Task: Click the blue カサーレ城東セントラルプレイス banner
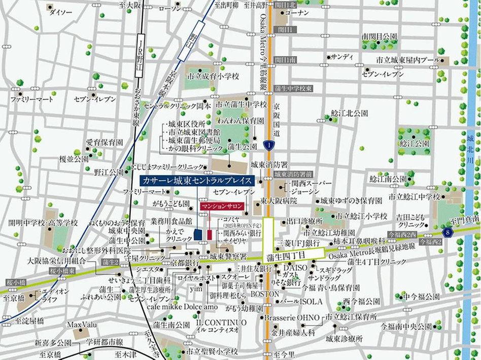click(196, 181)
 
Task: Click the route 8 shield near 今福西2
click(446, 232)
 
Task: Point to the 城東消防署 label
click(269, 165)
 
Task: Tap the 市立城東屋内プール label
click(407, 60)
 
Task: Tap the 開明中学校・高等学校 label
click(43, 223)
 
